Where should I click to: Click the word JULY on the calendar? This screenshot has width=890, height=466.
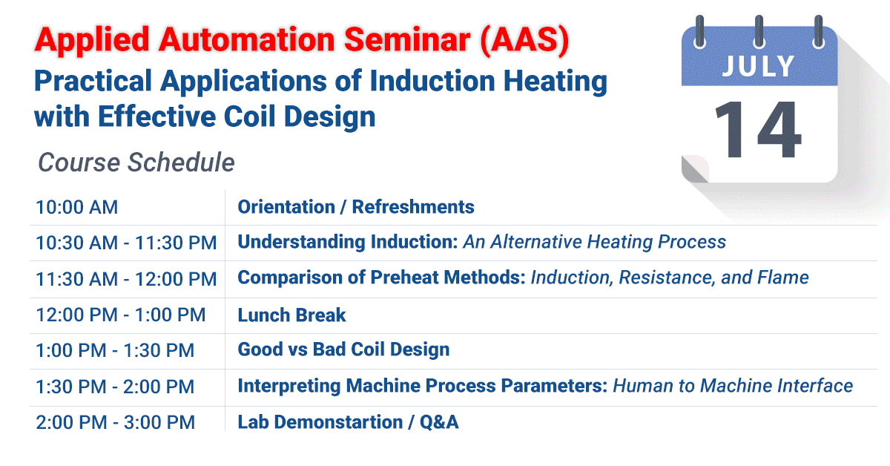click(759, 66)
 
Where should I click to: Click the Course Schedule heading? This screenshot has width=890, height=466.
click(136, 162)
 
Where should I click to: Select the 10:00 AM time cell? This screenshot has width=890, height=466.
click(77, 207)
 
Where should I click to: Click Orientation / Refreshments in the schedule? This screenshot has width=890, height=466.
click(356, 207)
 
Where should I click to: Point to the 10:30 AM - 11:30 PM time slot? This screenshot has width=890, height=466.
click(126, 243)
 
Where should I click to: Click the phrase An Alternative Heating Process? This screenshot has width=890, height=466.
click(595, 242)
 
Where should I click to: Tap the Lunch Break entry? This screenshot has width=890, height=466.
click(291, 315)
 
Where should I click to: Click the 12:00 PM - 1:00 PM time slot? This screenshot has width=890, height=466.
click(120, 315)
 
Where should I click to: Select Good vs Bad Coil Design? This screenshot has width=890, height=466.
click(343, 349)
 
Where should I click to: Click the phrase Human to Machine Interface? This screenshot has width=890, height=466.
click(733, 386)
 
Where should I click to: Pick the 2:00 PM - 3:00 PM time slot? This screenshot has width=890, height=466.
click(115, 423)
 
